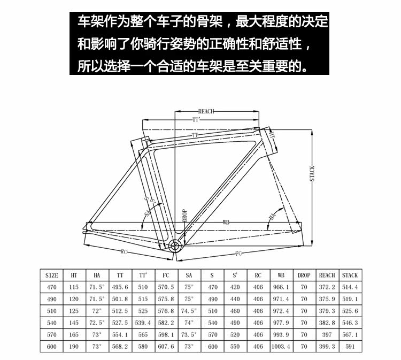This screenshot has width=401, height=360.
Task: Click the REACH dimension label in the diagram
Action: point(206,111)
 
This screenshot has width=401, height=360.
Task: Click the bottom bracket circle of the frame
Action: point(175,246)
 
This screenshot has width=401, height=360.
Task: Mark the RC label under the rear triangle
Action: point(124,251)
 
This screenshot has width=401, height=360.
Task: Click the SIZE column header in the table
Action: point(51,275)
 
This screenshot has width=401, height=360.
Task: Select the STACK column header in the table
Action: point(350,275)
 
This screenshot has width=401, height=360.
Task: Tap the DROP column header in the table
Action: point(304,275)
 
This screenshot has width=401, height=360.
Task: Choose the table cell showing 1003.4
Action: point(281,347)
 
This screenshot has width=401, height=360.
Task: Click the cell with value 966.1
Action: point(281,287)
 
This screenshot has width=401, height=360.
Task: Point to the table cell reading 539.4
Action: point(143,323)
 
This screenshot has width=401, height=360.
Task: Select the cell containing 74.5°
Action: point(189,311)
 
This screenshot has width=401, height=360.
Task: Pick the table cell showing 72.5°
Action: point(97,323)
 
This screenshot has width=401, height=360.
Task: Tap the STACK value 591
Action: point(350,347)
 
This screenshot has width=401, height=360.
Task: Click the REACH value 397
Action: point(327,335)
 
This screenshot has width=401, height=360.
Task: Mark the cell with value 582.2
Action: point(166,323)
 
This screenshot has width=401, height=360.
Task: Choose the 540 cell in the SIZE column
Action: point(51,323)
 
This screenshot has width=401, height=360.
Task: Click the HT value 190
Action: point(74,347)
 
